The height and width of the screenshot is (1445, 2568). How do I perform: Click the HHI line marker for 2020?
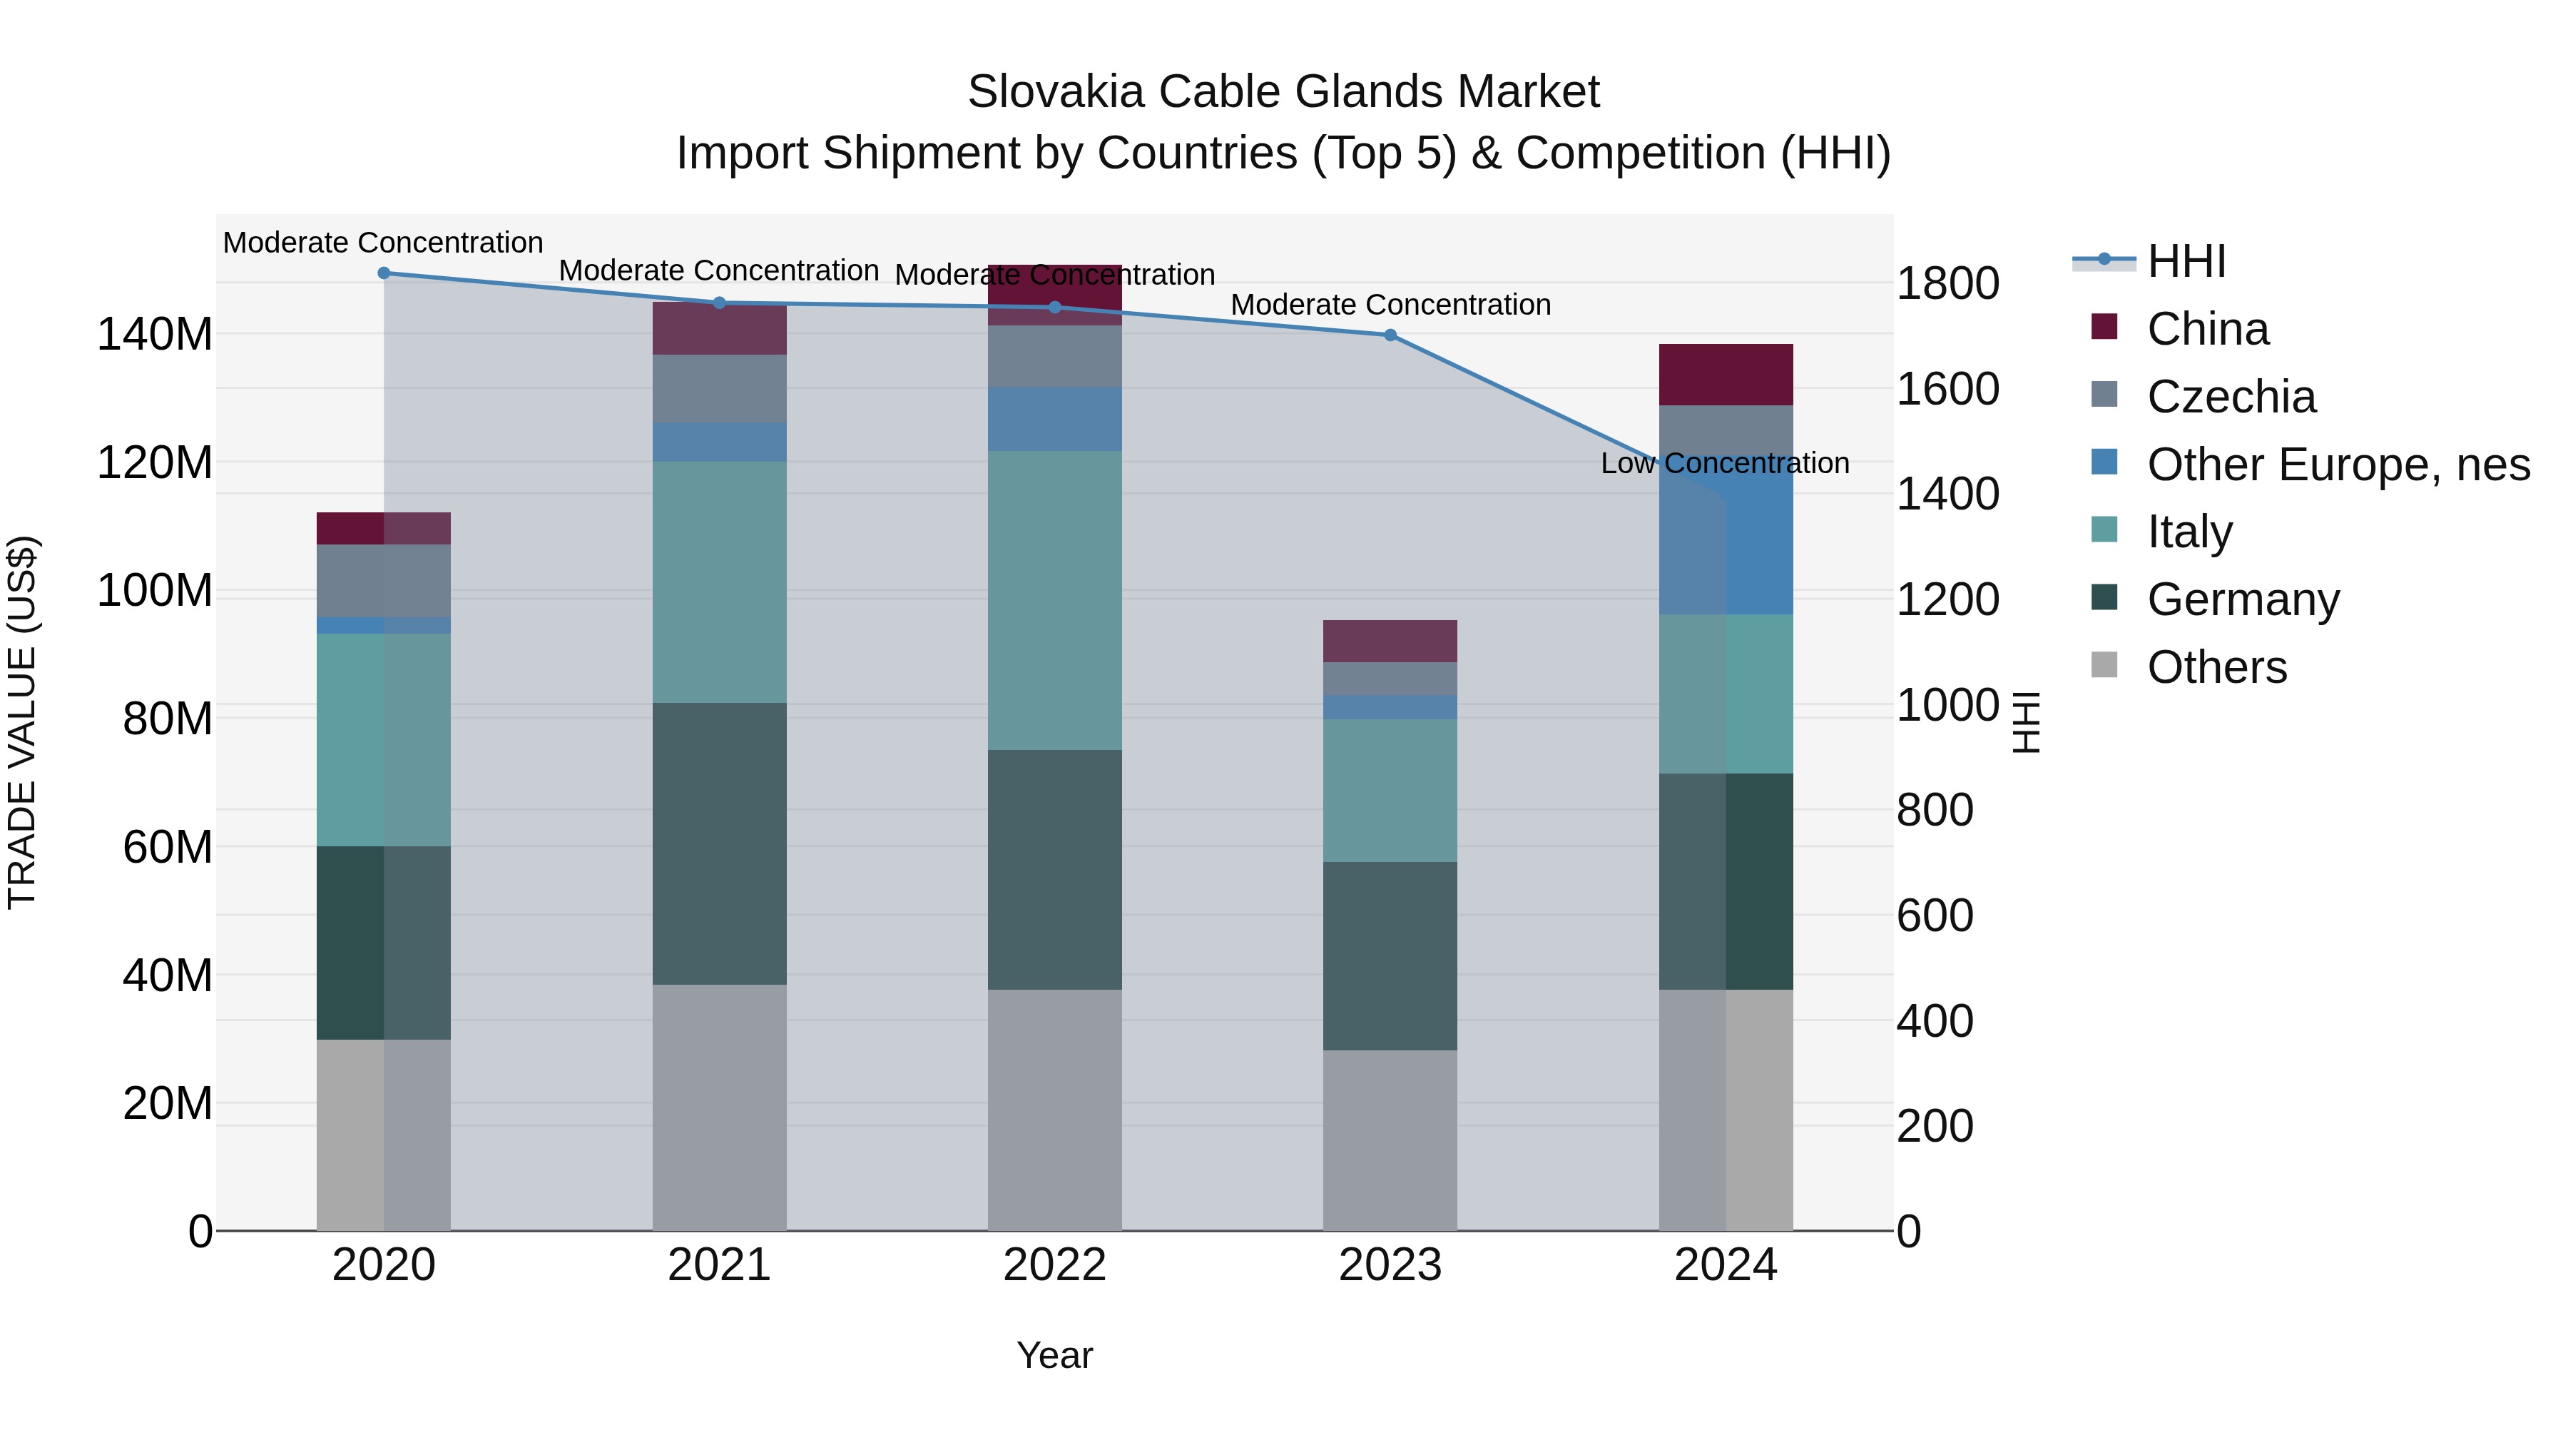click(384, 273)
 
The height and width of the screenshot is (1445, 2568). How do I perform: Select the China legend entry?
click(2207, 329)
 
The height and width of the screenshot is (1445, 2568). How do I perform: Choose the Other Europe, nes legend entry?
click(2338, 465)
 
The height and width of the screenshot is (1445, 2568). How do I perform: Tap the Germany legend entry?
click(2242, 599)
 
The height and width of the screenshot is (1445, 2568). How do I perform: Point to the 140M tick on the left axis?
click(155, 334)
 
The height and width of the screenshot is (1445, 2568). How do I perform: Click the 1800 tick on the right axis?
click(1947, 283)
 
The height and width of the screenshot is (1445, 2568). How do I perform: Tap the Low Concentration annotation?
click(1725, 464)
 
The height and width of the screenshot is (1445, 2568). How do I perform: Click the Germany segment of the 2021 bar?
click(719, 843)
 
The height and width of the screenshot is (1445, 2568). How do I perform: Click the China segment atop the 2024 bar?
click(1725, 374)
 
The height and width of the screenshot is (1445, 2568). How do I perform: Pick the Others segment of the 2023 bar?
click(1390, 1140)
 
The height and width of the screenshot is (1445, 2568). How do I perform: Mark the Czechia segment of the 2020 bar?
click(384, 580)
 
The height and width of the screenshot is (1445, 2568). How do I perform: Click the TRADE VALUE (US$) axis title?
click(22, 722)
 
